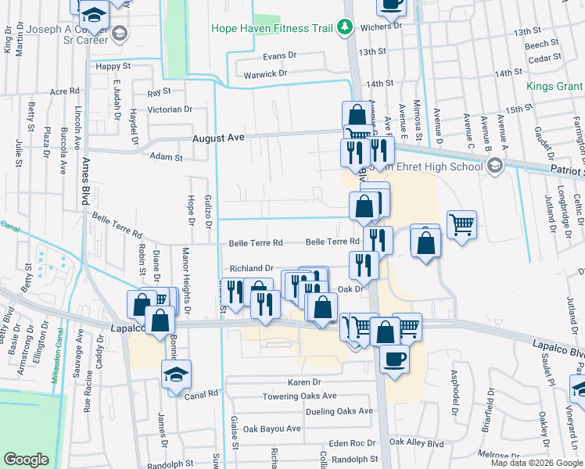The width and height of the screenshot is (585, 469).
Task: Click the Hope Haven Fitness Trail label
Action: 273,29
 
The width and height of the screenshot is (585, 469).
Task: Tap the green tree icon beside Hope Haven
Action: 344,28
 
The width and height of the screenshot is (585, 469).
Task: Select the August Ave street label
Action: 219,138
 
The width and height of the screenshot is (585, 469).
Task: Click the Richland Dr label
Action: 251,268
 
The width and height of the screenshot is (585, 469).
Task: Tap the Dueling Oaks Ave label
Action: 339,411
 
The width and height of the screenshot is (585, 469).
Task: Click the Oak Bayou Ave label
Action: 271,428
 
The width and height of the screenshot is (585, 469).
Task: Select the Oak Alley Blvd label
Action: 416,442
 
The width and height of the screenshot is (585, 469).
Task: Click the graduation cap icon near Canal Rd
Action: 176,374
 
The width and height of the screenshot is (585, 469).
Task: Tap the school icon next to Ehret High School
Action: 493,166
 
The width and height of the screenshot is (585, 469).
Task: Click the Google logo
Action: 27,460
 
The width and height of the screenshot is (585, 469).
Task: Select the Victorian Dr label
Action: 170,109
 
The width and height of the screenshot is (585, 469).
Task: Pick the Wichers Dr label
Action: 381,25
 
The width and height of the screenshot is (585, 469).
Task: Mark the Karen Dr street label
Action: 304,382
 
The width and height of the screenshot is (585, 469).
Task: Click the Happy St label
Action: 113,66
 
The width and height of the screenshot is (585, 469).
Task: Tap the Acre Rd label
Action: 65,91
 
